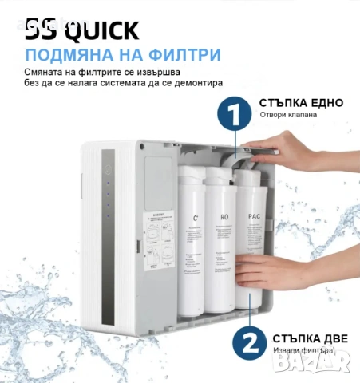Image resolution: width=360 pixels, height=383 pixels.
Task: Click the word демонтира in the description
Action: pyautogui.click(x=196, y=82)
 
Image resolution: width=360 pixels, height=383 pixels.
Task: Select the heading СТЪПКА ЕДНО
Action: pyautogui.click(x=301, y=103)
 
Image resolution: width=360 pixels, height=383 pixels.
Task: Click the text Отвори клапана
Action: pyautogui.click(x=288, y=115)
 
